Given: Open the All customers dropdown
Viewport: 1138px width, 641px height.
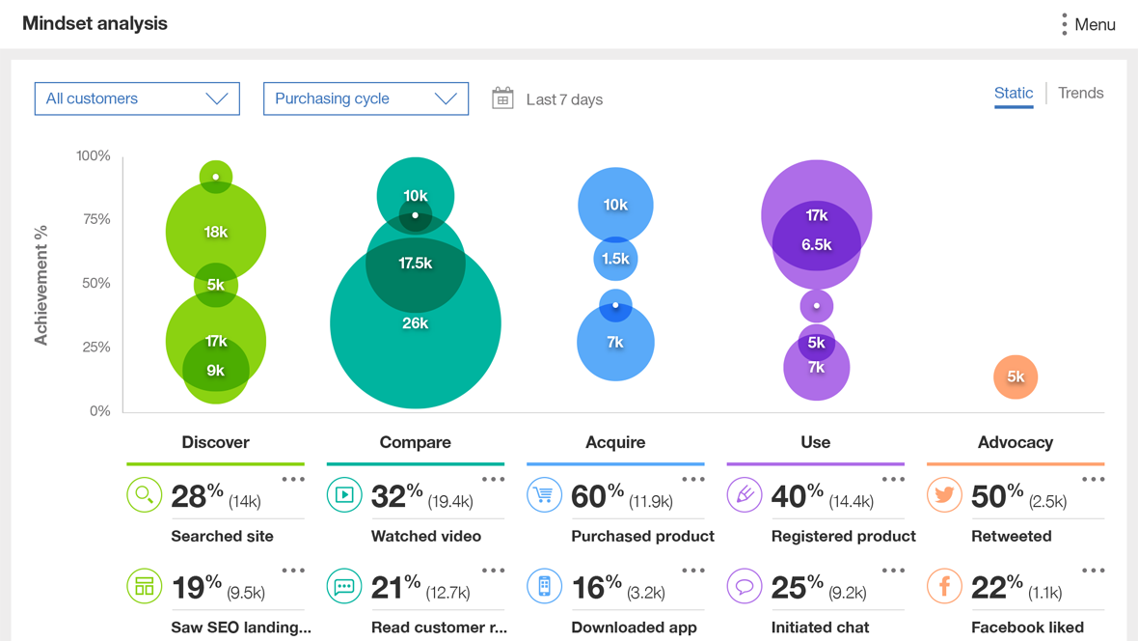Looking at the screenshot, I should [137, 98].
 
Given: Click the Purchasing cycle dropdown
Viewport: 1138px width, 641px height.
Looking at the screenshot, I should [366, 98].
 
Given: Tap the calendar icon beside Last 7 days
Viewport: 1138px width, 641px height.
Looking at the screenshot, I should [502, 98].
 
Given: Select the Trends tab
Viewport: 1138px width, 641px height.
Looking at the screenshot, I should [1080, 93].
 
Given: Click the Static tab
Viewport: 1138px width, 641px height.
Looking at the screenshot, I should [1013, 93].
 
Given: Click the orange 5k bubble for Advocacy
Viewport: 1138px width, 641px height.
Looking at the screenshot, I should [1016, 377].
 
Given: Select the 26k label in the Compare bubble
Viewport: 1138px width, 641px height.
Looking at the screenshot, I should [415, 323].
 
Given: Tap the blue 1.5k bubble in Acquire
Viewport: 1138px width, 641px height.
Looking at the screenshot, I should [615, 259].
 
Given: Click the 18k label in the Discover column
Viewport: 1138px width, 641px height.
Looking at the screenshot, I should [215, 232].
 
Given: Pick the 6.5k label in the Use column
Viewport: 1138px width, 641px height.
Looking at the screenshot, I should [816, 245].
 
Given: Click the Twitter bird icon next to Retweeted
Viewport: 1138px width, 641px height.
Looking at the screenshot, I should [944, 495].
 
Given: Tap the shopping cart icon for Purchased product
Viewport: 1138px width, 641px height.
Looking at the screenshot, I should [544, 495].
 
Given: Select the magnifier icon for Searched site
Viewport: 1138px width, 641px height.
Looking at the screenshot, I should [144, 495].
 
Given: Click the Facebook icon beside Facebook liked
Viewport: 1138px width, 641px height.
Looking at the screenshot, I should [944, 586].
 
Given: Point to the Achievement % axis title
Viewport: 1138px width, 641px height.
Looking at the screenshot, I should [41, 285].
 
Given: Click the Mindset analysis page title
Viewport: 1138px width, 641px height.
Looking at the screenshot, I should [95, 23].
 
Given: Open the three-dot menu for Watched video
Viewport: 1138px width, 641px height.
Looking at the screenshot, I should [493, 479].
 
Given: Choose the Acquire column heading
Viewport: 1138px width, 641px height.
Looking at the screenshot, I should [615, 442].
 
